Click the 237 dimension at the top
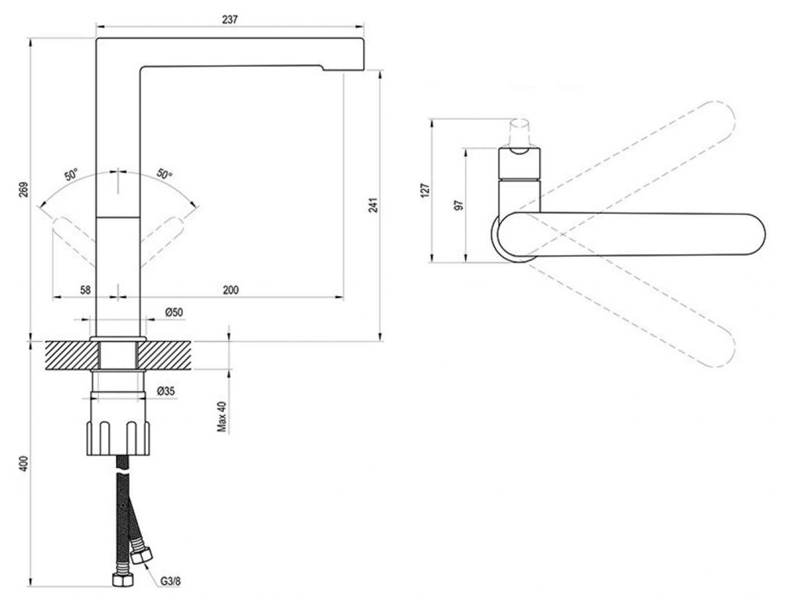230,20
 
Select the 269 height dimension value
23,189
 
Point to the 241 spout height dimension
373,205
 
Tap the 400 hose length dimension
23,463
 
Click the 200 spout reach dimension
231,290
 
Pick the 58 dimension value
85,290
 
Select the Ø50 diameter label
174,312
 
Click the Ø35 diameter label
164,391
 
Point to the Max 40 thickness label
221,417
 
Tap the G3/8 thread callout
171,581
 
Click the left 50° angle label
71,175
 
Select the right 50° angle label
164,174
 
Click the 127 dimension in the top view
424,189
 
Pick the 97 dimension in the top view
458,205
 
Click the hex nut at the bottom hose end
121,579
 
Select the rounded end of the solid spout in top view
748,235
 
